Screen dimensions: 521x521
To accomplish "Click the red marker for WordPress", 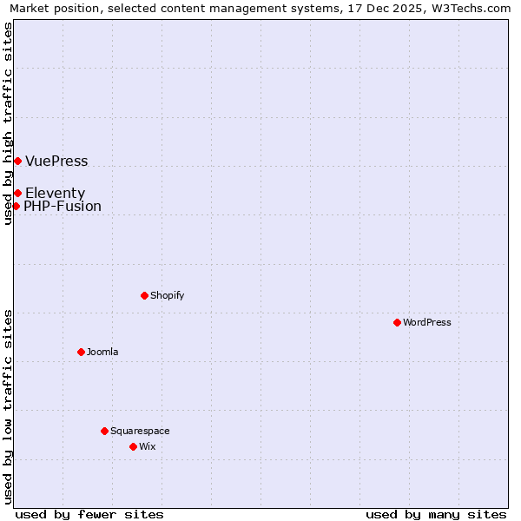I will pyautogui.click(x=397, y=322).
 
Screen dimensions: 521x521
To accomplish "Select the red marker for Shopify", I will pyautogui.click(x=144, y=295).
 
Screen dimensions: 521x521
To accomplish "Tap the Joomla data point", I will pyautogui.click(x=81, y=352).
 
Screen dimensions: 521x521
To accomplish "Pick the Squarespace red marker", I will pyautogui.click(x=104, y=431).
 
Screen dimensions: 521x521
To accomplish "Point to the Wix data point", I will pyautogui.click(x=133, y=446).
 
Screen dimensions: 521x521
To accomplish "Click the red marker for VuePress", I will pyautogui.click(x=17, y=161).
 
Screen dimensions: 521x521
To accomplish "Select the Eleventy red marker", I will pyautogui.click(x=17, y=193).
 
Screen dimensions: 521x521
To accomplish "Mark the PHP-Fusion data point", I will pyautogui.click(x=16, y=206).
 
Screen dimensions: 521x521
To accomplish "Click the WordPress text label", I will pyautogui.click(x=427, y=322).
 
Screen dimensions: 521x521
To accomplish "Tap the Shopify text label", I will pyautogui.click(x=168, y=295).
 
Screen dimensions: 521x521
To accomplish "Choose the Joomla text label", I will pyautogui.click(x=102, y=352).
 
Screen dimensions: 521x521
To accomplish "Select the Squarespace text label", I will pyautogui.click(x=140, y=431).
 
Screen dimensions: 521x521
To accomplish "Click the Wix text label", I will pyautogui.click(x=148, y=446).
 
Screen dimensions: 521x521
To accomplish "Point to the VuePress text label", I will pyautogui.click(x=56, y=162).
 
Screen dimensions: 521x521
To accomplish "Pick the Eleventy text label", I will pyautogui.click(x=55, y=193).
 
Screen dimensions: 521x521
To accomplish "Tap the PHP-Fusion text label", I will pyautogui.click(x=63, y=207).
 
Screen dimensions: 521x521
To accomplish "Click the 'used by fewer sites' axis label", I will pyautogui.click(x=89, y=514).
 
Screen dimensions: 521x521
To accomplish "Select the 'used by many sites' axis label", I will pyautogui.click(x=436, y=514).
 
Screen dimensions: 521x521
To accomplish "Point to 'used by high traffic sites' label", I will pyautogui.click(x=9, y=123).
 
